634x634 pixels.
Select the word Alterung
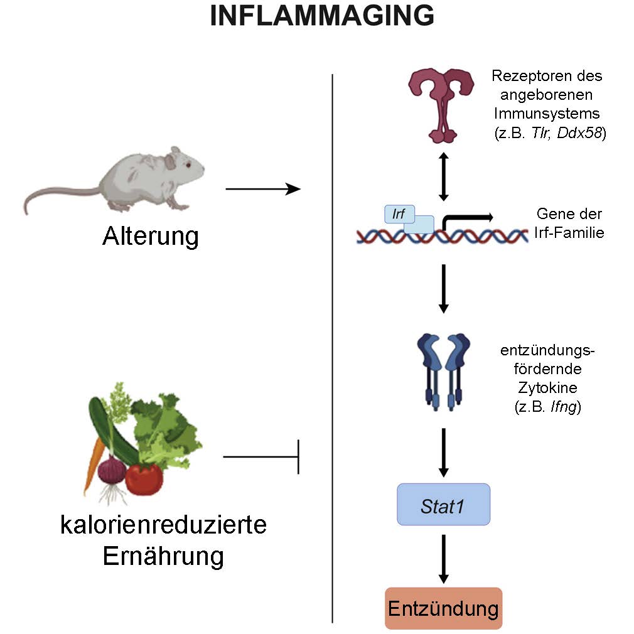click(x=151, y=237)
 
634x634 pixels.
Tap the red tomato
click(x=144, y=478)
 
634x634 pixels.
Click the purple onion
click(x=113, y=470)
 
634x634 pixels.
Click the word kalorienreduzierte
click(x=163, y=525)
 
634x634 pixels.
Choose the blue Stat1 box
click(x=443, y=504)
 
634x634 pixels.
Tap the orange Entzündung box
click(x=443, y=608)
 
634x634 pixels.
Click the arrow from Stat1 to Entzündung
click(x=444, y=559)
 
